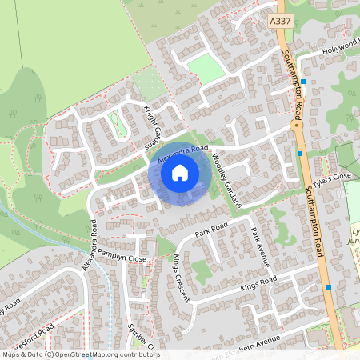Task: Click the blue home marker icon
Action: pos(180,172)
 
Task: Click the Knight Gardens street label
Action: pos(154,129)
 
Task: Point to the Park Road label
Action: pos(212,231)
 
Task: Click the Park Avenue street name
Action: pos(258,245)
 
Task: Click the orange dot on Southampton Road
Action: pos(295,125)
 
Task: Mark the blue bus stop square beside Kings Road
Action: pos(328,286)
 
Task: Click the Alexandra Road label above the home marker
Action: pos(182,155)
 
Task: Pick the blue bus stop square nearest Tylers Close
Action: pos(300,152)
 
